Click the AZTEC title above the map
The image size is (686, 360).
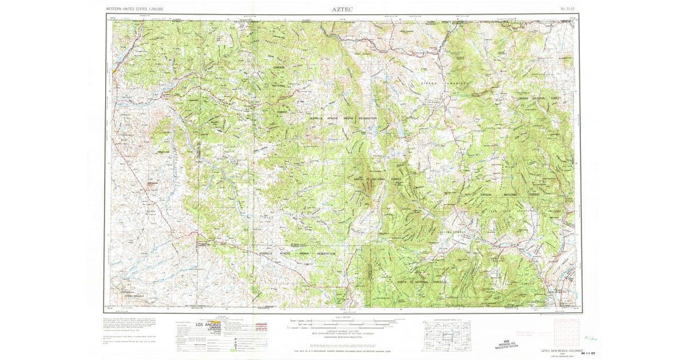342,10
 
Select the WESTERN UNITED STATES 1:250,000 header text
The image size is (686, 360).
134,10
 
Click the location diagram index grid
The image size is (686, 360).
446,334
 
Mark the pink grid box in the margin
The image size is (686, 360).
566,332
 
